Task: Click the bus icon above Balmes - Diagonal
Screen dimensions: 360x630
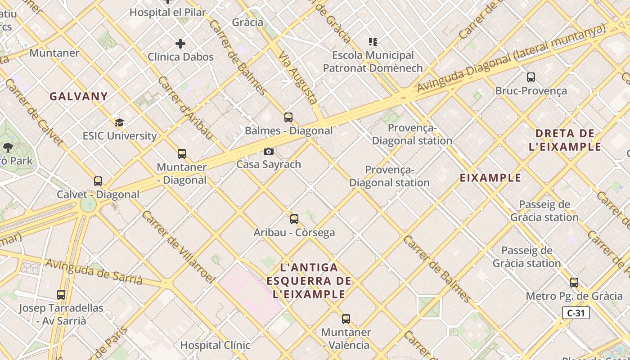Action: [x=288, y=117]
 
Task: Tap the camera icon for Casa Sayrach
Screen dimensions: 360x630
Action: [x=269, y=151]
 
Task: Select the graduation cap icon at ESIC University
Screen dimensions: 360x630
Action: [x=119, y=122]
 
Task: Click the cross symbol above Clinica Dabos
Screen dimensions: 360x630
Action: [x=180, y=44]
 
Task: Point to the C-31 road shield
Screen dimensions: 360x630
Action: [x=576, y=313]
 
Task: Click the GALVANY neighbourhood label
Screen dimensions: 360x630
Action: [x=79, y=96]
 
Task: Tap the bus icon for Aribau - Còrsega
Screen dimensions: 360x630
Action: [x=294, y=219]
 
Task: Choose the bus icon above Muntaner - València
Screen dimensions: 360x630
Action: [x=346, y=319]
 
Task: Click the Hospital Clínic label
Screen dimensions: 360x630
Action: [x=215, y=345]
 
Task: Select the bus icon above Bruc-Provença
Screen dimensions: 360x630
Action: [x=531, y=77]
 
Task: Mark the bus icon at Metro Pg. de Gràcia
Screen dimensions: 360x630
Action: [x=574, y=283]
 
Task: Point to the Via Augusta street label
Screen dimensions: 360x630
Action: [x=298, y=78]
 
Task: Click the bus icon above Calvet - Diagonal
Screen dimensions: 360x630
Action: [x=98, y=181]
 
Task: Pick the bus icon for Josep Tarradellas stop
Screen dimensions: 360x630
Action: [x=61, y=295]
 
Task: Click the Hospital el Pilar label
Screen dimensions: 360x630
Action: [x=167, y=12]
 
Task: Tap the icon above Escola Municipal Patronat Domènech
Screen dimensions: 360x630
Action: [x=373, y=42]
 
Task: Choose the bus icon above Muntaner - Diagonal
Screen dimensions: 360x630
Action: [x=182, y=154]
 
